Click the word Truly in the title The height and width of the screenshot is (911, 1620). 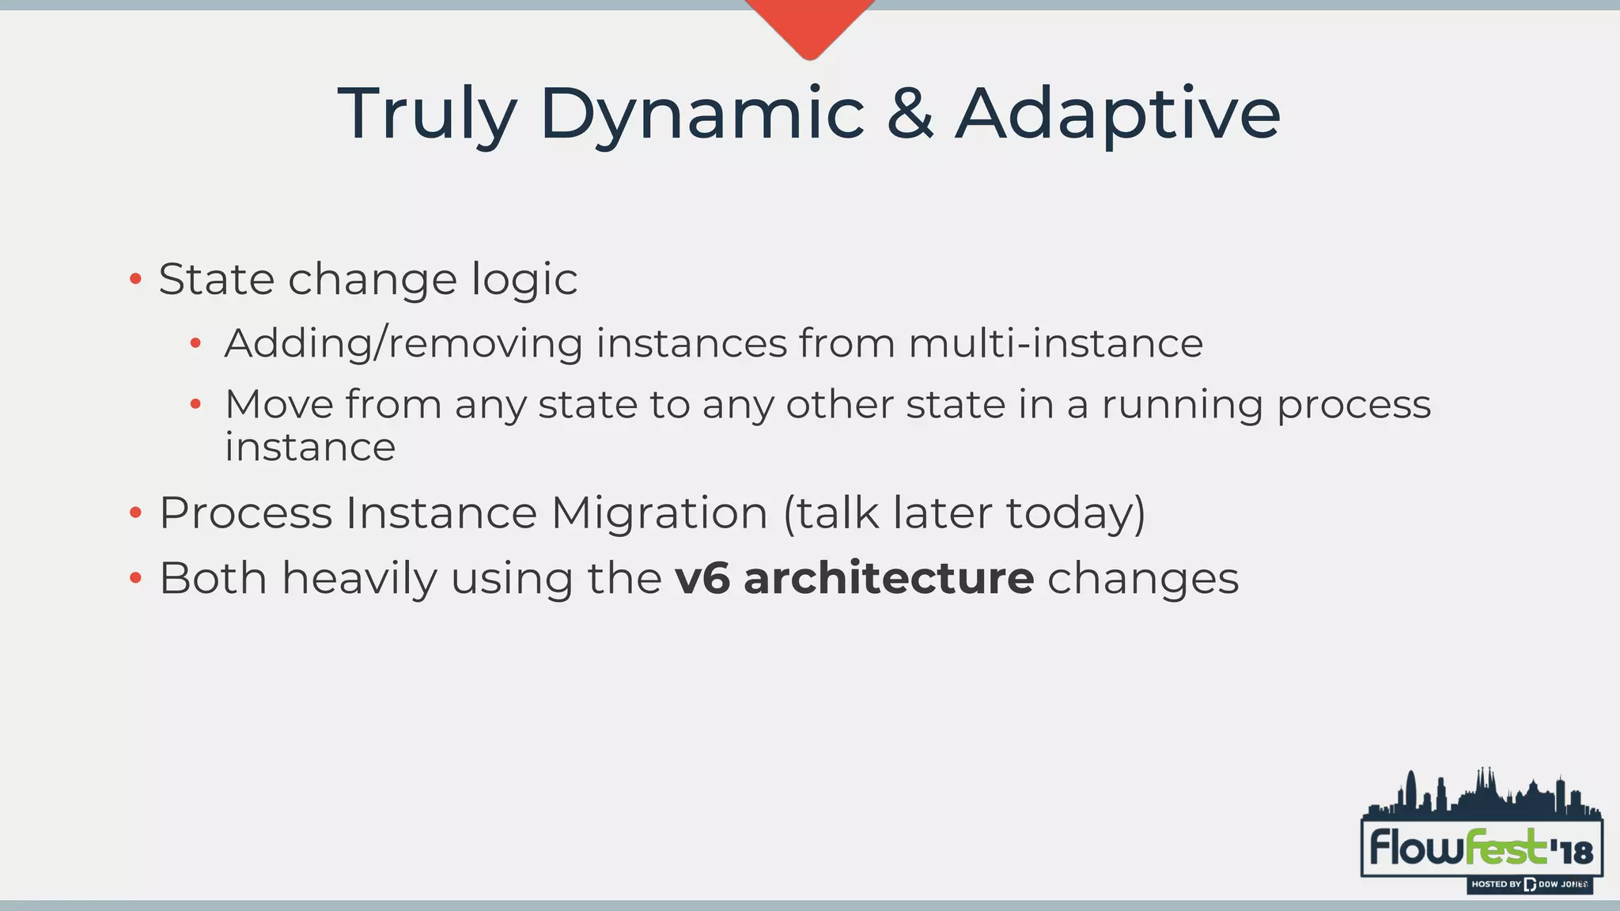point(427,115)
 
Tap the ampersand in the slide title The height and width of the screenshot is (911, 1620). point(910,115)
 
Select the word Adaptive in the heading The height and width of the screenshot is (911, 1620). point(1117,115)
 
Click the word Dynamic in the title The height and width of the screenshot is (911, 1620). point(702,115)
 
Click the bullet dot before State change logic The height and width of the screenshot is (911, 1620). point(135,279)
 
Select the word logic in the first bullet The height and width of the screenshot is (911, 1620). point(524,281)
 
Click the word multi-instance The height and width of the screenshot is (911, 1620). point(1055,343)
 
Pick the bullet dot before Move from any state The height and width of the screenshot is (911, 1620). point(195,405)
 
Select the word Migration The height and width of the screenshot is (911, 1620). point(660,512)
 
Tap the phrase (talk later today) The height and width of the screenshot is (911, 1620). point(963,513)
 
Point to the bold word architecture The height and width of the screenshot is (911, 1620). point(888,578)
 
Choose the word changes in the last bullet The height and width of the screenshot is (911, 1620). point(1142,579)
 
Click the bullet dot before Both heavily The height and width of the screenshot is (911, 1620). point(135,579)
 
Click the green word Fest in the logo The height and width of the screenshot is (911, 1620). point(1505,848)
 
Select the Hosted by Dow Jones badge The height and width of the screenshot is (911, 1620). point(1529,884)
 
